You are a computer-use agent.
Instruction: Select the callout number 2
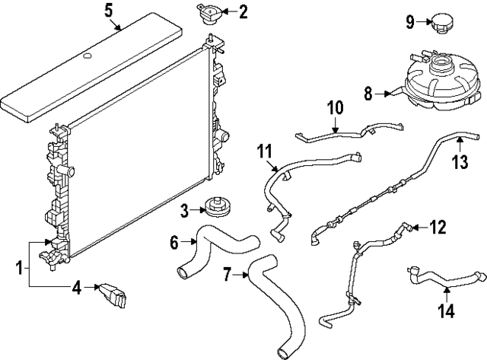point(243,11)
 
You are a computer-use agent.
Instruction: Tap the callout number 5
point(108,11)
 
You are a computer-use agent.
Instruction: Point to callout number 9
point(409,22)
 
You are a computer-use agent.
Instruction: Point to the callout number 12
point(438,226)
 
